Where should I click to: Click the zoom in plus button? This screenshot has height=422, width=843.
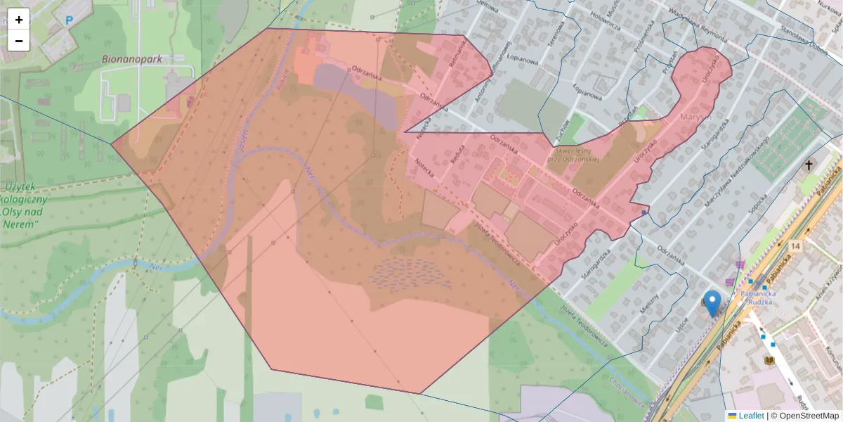point(19,20)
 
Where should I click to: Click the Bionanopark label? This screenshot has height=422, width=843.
point(131,59)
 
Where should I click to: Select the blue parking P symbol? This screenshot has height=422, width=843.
point(69,20)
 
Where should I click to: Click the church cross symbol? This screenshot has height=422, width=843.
point(809,166)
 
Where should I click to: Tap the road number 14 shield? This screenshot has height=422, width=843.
point(795,246)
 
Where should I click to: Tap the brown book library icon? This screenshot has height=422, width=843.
point(769,360)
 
